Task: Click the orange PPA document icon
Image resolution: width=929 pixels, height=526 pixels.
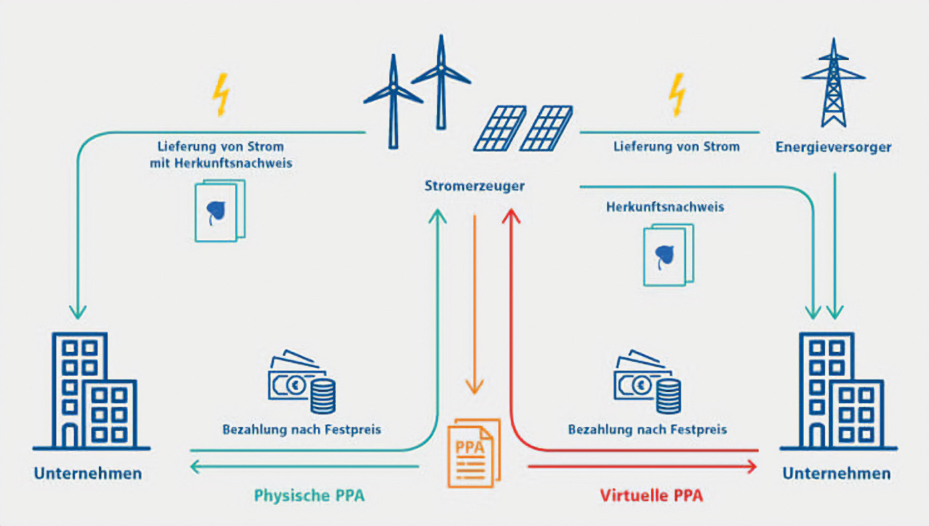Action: (474, 454)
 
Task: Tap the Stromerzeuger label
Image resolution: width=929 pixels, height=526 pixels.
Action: (474, 186)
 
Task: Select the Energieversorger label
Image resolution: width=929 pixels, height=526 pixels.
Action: (833, 147)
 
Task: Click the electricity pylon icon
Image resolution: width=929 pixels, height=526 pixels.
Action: (833, 84)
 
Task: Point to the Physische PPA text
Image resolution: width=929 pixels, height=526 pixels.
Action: (309, 495)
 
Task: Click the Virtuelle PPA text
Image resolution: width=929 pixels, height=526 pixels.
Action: (651, 495)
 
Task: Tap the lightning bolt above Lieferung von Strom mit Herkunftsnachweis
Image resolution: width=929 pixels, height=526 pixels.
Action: (221, 96)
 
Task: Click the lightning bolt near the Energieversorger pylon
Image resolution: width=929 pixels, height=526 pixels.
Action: (677, 96)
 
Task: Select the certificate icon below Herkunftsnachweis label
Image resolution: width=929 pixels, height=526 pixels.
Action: (668, 254)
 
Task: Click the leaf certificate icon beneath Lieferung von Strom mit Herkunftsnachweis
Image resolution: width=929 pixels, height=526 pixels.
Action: (219, 210)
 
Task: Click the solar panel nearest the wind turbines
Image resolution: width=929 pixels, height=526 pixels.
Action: (500, 128)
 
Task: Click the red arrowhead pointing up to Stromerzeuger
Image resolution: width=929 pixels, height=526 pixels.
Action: (512, 215)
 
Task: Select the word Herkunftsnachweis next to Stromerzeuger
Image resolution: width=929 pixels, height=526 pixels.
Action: (665, 207)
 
